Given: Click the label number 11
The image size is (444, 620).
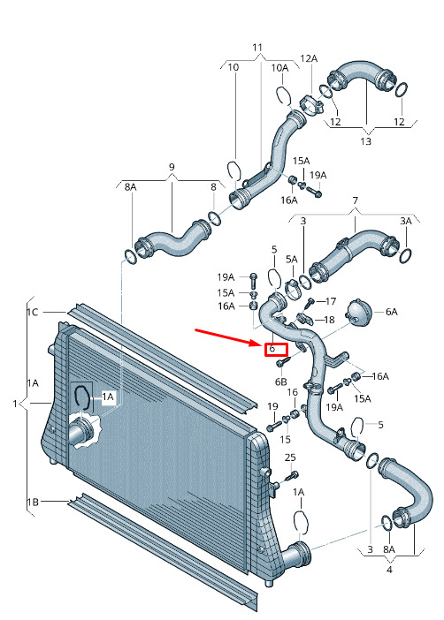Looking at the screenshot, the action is click(x=257, y=48).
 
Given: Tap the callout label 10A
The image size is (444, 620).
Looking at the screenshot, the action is click(x=279, y=68).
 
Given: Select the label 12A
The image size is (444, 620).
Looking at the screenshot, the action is click(x=309, y=58).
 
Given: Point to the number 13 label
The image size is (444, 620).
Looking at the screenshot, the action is click(x=365, y=141).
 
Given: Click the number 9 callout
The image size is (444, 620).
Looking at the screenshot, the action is click(x=172, y=167).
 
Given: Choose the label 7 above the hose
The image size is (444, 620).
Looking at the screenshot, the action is click(x=355, y=200).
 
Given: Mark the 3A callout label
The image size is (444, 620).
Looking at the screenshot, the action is click(x=406, y=221).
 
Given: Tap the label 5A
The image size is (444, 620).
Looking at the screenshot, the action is click(x=292, y=260).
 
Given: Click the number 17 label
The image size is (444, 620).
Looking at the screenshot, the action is click(x=331, y=302).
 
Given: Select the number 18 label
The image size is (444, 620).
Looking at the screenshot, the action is click(x=329, y=320).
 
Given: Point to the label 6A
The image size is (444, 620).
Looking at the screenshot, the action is click(x=391, y=312).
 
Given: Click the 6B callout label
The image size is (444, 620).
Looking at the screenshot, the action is click(x=281, y=382).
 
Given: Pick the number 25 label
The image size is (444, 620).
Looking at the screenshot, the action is click(x=290, y=457).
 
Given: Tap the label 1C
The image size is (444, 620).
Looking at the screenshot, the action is click(x=33, y=313).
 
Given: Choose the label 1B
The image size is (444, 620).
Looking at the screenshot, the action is click(x=33, y=503).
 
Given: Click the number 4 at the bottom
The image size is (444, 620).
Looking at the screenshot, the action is click(x=389, y=570).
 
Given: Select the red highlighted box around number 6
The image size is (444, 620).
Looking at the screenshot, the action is click(x=276, y=349).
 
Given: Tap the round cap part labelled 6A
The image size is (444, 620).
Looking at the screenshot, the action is click(x=358, y=311).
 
